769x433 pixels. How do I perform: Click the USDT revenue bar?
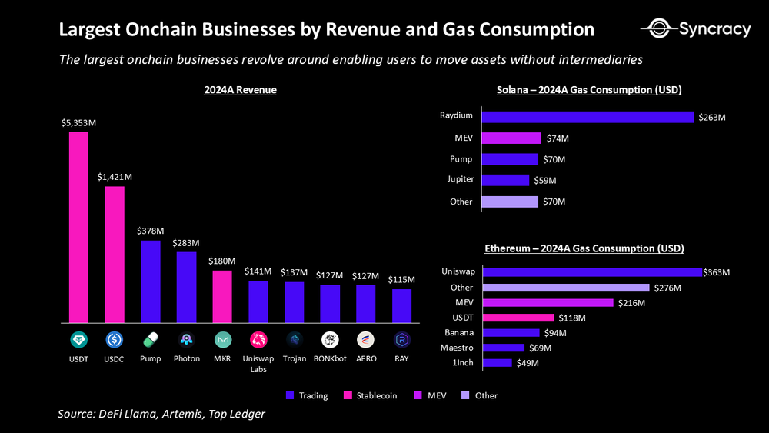coord(78,227)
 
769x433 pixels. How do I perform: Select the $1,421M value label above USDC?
coord(115,177)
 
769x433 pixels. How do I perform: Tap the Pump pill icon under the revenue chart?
coord(151,339)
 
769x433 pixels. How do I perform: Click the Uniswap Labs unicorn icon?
coord(258,339)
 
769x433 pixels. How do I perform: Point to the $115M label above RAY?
coord(401,279)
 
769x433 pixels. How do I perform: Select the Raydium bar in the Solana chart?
coord(588,117)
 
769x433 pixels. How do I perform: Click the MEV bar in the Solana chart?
coord(511,138)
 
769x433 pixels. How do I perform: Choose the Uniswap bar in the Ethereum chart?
coord(591,272)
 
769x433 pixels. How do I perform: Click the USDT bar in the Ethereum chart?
coord(518,318)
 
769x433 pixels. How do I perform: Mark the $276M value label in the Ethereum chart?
coord(667,288)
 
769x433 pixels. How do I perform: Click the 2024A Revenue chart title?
coord(240,90)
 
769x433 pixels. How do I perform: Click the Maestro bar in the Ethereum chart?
coord(503,348)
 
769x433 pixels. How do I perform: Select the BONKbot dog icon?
coord(330,339)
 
